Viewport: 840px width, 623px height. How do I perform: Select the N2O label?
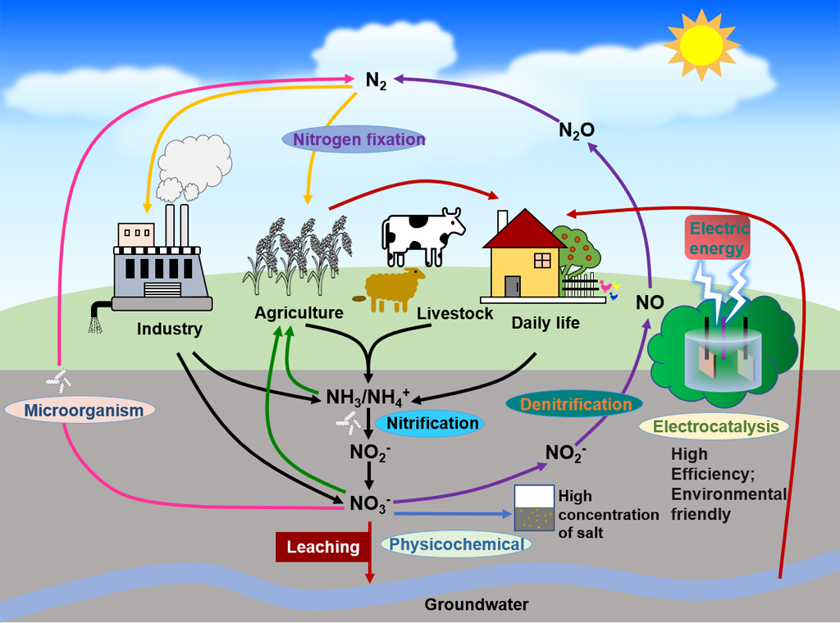click(x=576, y=130)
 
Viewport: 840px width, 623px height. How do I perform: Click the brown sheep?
click(x=395, y=289)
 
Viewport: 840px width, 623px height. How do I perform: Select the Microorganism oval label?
click(x=80, y=410)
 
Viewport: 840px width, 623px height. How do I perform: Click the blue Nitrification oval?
click(x=431, y=423)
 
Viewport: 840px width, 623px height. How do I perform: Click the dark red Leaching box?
click(x=322, y=547)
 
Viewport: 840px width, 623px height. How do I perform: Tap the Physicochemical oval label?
click(x=455, y=543)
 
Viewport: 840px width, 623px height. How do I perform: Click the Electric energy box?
click(x=717, y=238)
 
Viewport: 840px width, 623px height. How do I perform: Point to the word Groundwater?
click(x=476, y=605)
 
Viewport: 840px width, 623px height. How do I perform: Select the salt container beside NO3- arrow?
click(x=533, y=508)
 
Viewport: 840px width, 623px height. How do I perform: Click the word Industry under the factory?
click(x=169, y=330)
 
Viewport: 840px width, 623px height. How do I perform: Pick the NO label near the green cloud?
click(x=650, y=302)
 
